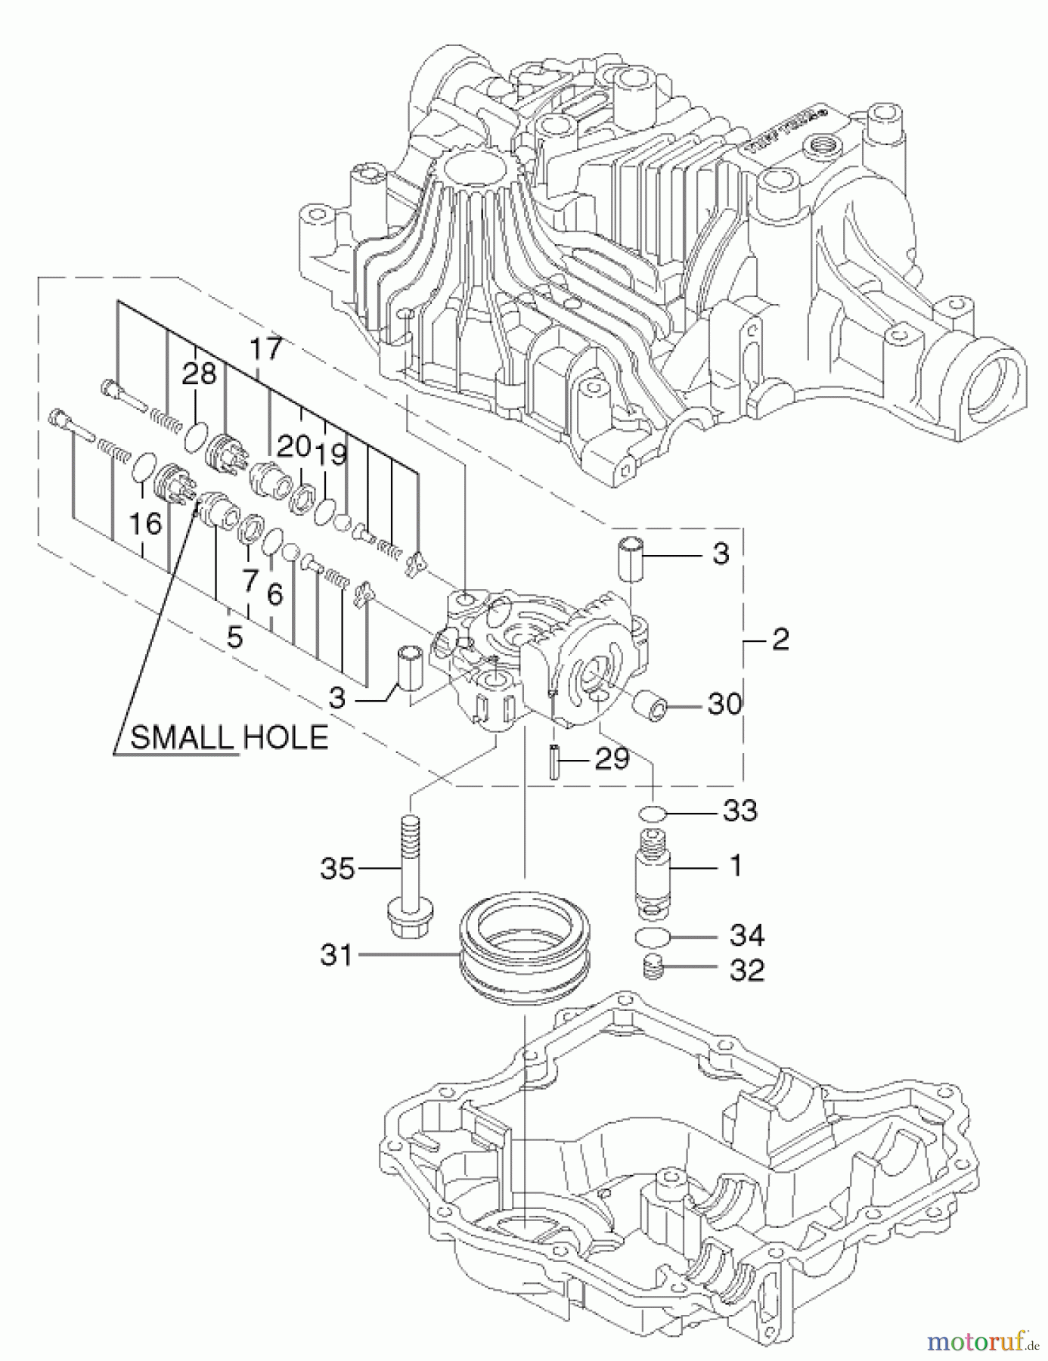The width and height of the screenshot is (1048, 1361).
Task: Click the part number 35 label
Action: tap(337, 868)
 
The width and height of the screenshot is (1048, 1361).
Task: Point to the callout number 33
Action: tap(739, 811)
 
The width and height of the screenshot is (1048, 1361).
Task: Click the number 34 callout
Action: tap(746, 935)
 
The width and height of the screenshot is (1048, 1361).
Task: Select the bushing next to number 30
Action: tap(651, 705)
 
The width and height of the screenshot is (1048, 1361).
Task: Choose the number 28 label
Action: tap(200, 374)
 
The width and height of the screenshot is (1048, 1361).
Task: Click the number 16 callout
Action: tap(145, 523)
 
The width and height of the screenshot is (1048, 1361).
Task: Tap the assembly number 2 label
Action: tap(780, 639)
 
